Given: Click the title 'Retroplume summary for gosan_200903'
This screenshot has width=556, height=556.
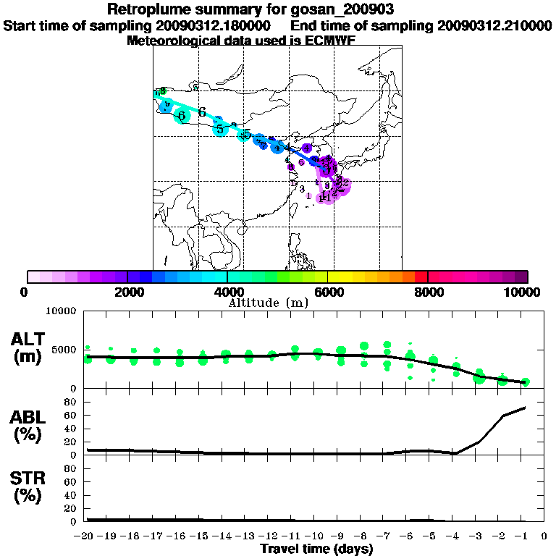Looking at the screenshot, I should point(278,10).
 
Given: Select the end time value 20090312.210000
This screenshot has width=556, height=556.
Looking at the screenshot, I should point(494,26).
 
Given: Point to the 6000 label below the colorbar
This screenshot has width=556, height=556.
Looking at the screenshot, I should point(329,292).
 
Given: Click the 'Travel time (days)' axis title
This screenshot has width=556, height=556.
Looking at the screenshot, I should point(316,549).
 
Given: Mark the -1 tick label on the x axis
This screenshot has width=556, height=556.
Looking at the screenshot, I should point(526,536).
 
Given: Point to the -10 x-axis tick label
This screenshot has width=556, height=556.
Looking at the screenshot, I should point(316,536).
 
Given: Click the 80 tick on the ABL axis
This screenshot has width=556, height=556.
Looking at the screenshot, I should point(72,401).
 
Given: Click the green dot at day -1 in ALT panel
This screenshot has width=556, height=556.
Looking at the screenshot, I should point(526,382).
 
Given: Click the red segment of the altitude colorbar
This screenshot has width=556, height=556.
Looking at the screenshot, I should point(421,277).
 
